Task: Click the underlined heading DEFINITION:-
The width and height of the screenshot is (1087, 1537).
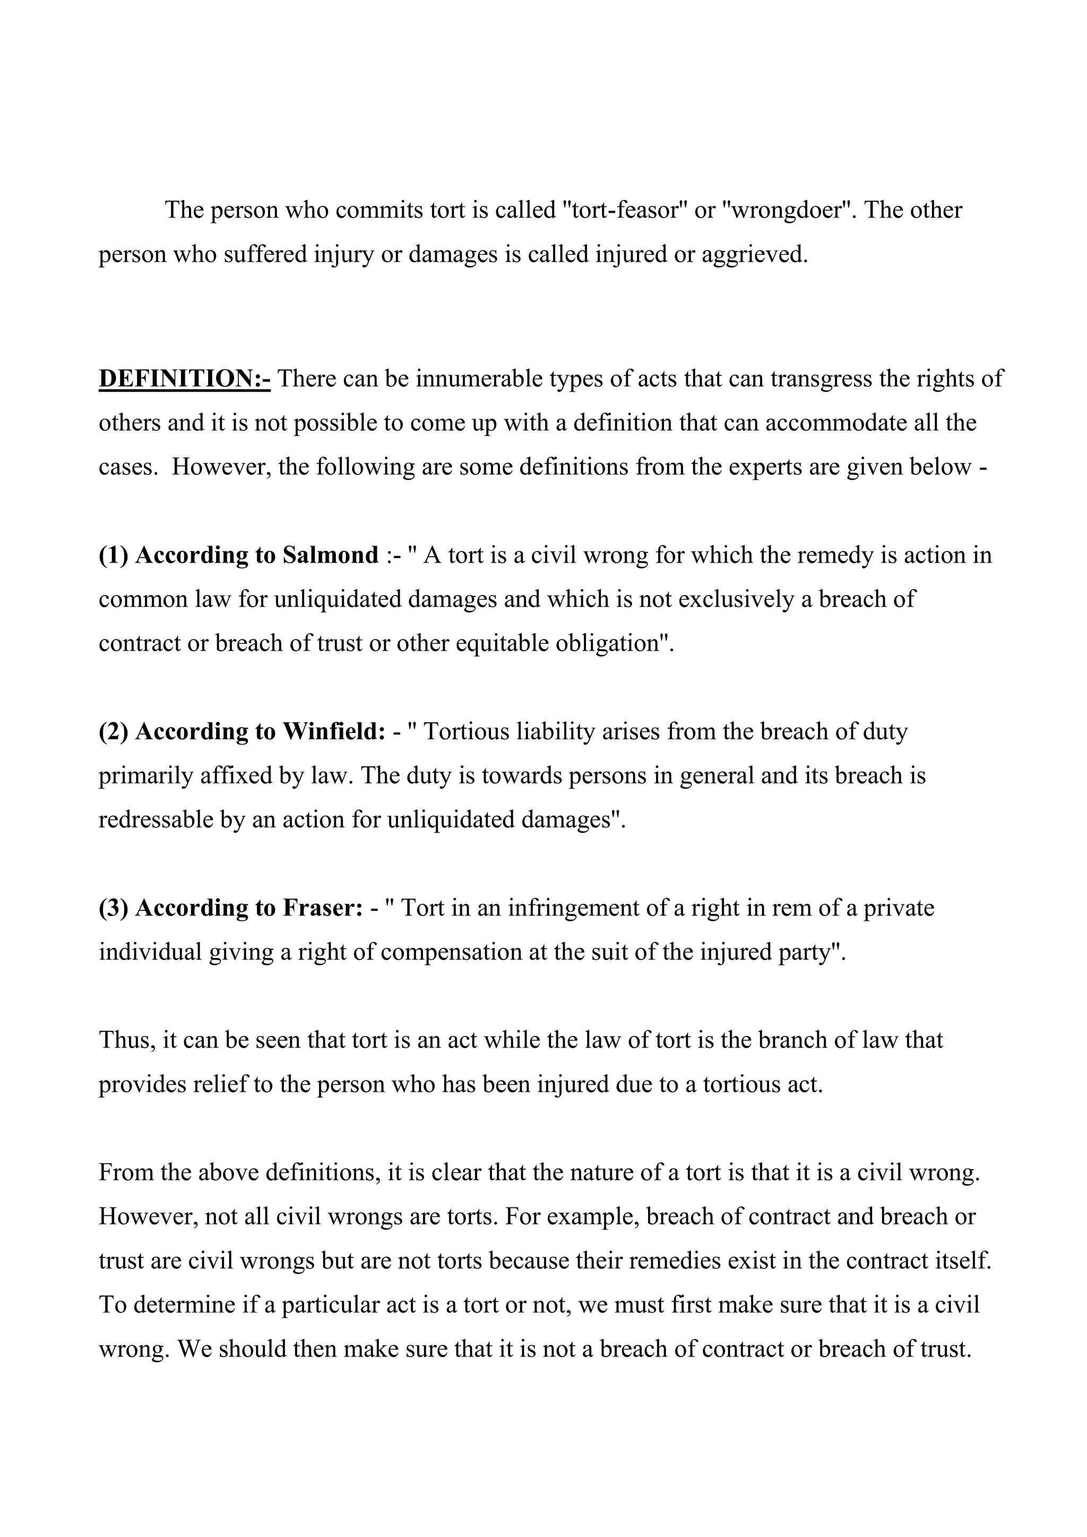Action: (x=184, y=379)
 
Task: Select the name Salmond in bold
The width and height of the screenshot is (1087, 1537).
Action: (x=330, y=555)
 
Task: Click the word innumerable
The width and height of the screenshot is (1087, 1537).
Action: (x=479, y=379)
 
